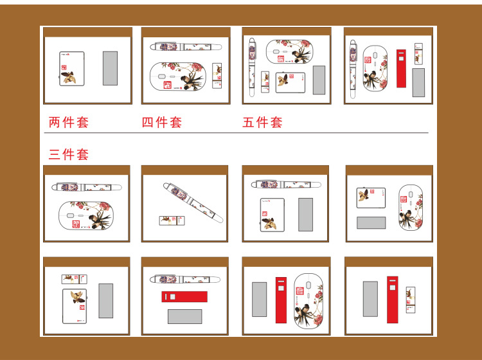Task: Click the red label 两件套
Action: [69, 122]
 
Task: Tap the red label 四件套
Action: [162, 122]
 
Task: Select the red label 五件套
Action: [262, 122]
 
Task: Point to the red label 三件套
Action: [69, 154]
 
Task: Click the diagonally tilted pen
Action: [193, 203]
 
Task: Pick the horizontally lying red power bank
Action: [184, 296]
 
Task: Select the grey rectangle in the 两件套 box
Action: [110, 68]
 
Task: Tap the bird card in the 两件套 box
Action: [71, 69]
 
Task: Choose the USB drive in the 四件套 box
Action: [217, 76]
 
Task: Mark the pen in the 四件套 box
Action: [186, 47]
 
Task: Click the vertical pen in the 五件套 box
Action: [252, 67]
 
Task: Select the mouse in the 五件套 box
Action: [290, 51]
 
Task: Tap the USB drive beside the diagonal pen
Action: [172, 221]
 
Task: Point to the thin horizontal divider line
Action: [236, 133]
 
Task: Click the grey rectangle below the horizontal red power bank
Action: [184, 316]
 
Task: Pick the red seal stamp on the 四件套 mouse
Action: [168, 85]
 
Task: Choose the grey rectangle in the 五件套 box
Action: [319, 80]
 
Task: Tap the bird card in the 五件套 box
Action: [290, 82]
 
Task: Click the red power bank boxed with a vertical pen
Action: [401, 69]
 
